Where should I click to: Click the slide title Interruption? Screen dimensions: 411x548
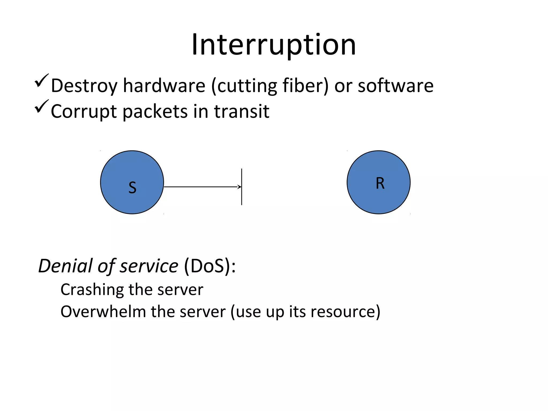[x=274, y=45]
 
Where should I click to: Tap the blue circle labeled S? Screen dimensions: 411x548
[x=132, y=182]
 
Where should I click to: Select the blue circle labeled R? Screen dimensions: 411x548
[x=378, y=182]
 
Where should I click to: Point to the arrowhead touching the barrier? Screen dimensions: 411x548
[x=239, y=187]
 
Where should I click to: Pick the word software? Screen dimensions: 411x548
[x=395, y=86]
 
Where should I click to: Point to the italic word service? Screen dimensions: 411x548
[x=149, y=266]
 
